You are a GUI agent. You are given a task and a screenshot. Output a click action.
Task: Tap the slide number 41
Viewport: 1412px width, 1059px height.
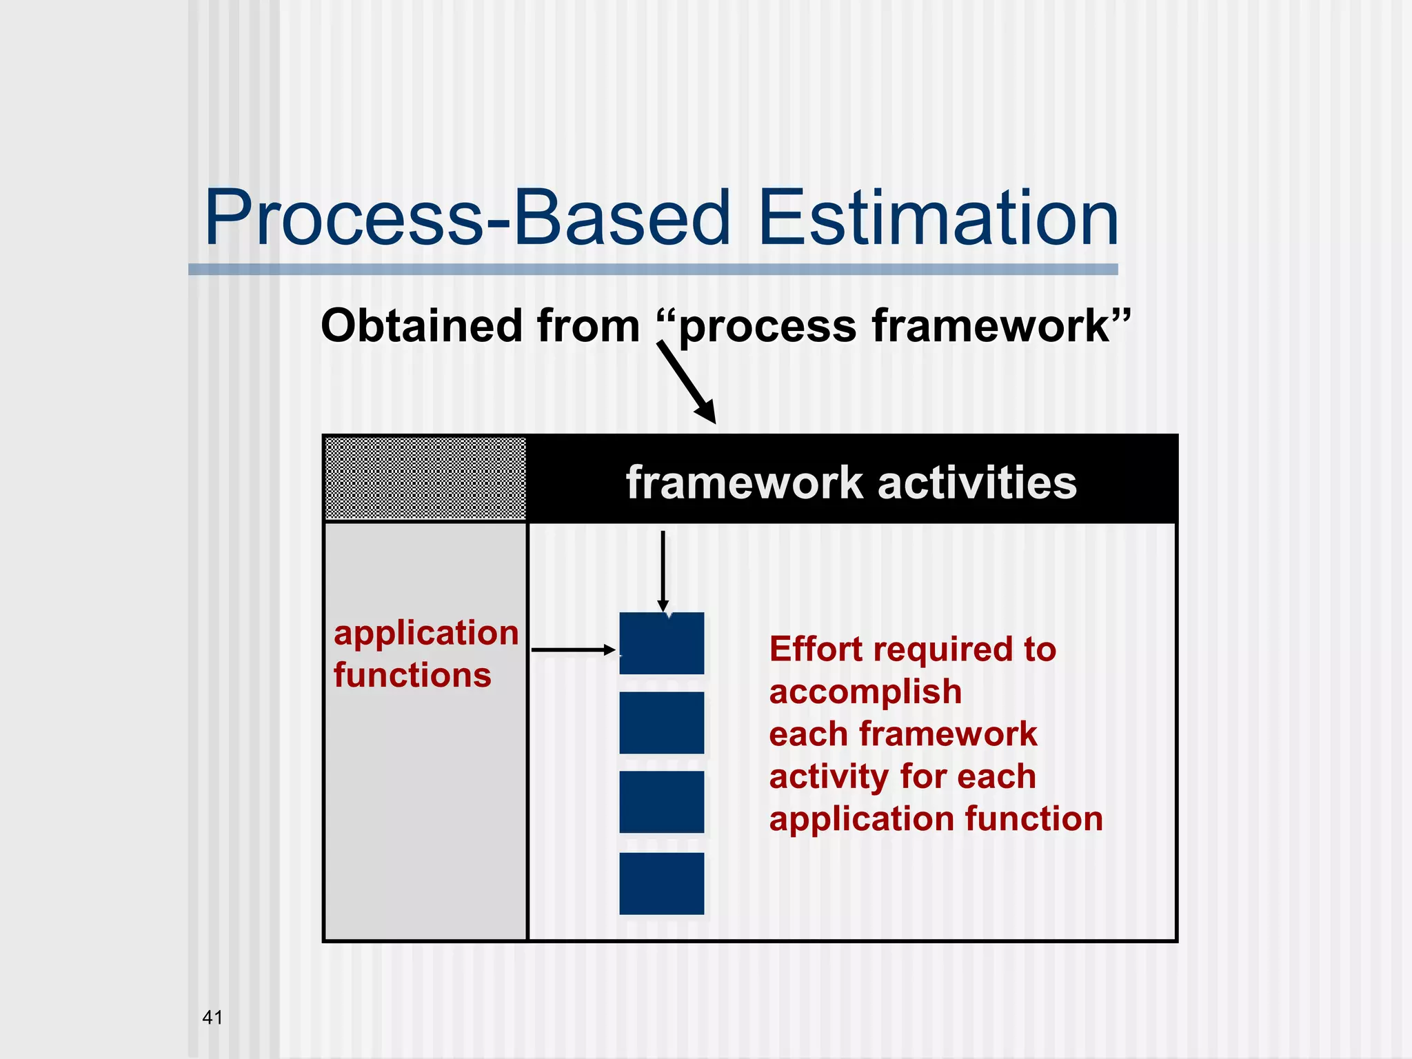coord(212,1017)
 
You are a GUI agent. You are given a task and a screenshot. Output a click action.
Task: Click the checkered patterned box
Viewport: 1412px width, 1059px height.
coord(425,478)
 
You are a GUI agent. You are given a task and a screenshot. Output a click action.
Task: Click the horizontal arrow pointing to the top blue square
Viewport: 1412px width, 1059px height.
coord(572,649)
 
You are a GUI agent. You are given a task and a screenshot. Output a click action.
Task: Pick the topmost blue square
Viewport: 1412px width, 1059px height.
coord(662,643)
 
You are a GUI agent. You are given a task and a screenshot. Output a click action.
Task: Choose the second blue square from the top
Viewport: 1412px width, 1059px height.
coord(662,723)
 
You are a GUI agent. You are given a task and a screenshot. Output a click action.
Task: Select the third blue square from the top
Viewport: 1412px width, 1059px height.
coord(662,802)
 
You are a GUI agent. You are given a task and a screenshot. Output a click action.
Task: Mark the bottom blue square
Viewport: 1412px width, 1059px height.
coord(662,883)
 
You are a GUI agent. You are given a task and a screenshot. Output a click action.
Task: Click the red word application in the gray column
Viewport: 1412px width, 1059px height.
coord(426,634)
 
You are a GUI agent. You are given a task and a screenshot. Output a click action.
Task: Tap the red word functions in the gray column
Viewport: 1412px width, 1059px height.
coord(412,675)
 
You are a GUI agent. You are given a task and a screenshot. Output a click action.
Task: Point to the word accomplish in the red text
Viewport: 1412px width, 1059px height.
coord(865,692)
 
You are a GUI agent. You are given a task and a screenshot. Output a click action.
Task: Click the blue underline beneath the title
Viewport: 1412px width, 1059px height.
coord(653,270)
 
